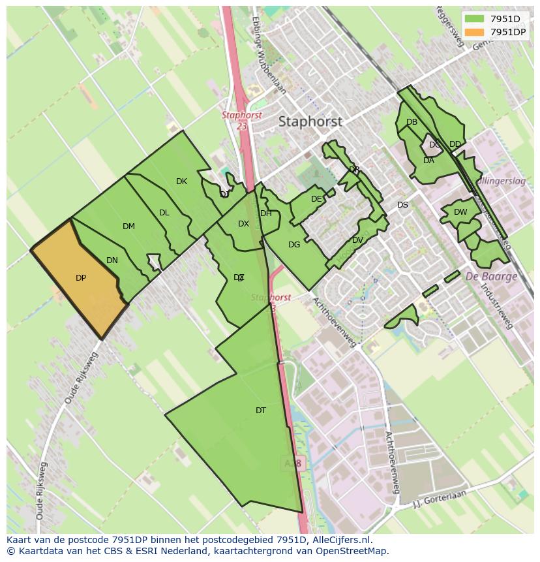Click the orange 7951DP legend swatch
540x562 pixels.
click(x=475, y=32)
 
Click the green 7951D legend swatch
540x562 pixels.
click(x=475, y=19)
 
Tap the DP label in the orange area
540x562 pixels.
click(x=81, y=278)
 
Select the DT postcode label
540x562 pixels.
click(x=261, y=411)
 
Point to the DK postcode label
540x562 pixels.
click(x=181, y=181)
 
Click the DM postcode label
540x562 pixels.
click(x=128, y=226)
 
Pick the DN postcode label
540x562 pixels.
click(x=112, y=260)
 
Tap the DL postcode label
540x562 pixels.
click(x=164, y=213)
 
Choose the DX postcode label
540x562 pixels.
click(x=243, y=224)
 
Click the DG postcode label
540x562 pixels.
click(x=294, y=245)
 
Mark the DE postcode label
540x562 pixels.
click(x=316, y=199)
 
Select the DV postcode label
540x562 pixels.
click(x=357, y=240)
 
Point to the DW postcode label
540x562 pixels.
click(x=460, y=212)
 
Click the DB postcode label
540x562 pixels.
click(x=412, y=122)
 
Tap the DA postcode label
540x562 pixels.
click(x=428, y=161)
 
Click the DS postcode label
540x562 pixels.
click(x=402, y=205)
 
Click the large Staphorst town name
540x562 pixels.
click(x=310, y=121)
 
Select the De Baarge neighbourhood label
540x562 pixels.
click(x=491, y=276)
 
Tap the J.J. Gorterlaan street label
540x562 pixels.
click(x=441, y=499)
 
